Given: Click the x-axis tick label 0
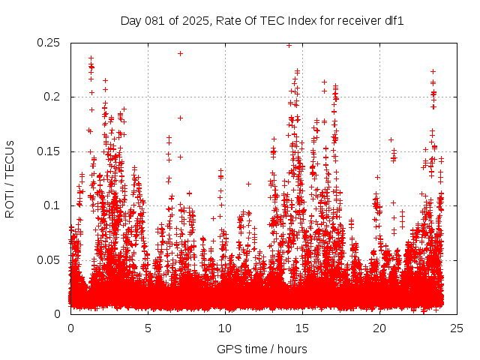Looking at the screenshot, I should tap(70, 328).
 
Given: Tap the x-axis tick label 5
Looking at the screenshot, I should tap(148, 328).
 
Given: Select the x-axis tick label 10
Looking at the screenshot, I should tap(225, 328).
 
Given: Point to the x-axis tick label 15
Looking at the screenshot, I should tap(302, 328).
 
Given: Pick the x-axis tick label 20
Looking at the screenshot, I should tap(379, 328).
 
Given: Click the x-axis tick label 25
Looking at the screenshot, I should tap(457, 328).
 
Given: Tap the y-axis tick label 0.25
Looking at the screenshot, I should tap(49, 43).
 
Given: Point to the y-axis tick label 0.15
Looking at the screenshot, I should tap(49, 151).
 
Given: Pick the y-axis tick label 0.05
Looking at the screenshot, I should tap(49, 260).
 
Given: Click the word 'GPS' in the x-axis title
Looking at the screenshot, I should tap(228, 349).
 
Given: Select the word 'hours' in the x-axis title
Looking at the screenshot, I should tap(292, 349).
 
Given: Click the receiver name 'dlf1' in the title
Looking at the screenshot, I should tap(394, 21).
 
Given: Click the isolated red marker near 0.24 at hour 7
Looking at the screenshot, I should tap(180, 53).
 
